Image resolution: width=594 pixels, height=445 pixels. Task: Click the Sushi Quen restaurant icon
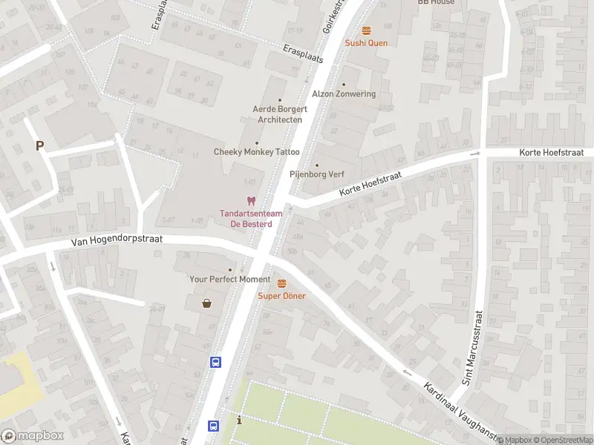[366, 30]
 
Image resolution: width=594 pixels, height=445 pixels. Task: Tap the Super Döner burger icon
[282, 283]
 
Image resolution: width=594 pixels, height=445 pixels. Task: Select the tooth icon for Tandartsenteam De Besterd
[251, 201]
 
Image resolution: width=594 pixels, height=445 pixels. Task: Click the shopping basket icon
[207, 303]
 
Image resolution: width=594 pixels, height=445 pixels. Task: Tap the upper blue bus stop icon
[215, 362]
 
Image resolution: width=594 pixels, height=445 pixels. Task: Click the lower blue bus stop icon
[213, 426]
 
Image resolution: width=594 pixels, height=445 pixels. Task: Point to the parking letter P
[39, 146]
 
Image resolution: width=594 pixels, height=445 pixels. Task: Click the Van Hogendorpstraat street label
[117, 240]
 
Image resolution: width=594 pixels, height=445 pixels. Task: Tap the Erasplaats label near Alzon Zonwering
[303, 53]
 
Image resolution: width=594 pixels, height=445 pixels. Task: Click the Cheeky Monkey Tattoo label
[257, 152]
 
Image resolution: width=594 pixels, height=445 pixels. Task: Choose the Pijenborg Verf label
[317, 175]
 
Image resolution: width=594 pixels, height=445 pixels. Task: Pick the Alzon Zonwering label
[344, 94]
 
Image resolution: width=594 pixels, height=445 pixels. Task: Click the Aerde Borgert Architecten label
[280, 114]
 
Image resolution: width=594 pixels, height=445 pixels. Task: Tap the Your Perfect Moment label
[230, 279]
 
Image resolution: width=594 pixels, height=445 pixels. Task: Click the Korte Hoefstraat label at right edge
[552, 152]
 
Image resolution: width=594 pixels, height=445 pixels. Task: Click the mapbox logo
[32, 436]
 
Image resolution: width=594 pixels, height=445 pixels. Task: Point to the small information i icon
[239, 421]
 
